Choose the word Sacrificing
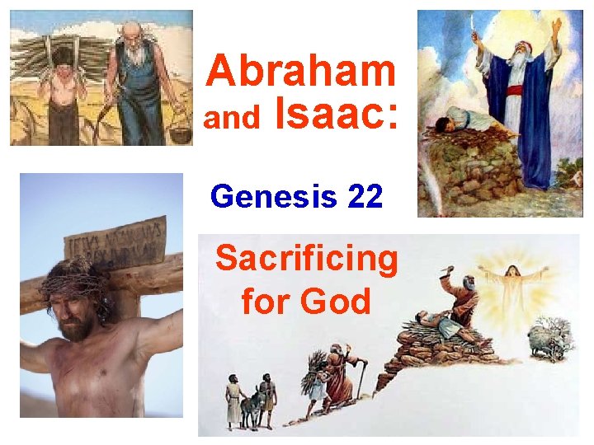pyautogui.click(x=306, y=259)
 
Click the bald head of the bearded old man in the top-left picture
pyautogui.click(x=131, y=29)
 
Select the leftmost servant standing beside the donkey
pyautogui.click(x=233, y=400)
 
